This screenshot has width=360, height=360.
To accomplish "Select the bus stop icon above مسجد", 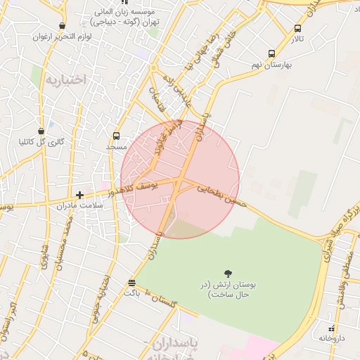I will click(x=116, y=136).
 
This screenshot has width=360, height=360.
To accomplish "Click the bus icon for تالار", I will click(x=298, y=29).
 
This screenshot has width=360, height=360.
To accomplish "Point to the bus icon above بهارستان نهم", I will click(x=272, y=53).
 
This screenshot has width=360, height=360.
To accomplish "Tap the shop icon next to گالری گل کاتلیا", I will click(x=41, y=131).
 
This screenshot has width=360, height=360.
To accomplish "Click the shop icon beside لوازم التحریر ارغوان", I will click(x=63, y=25).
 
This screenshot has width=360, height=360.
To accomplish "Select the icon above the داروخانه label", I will click(x=332, y=328).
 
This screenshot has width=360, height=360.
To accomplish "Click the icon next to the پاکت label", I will click(x=131, y=283).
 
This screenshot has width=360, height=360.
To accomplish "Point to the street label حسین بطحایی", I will click(x=222, y=195).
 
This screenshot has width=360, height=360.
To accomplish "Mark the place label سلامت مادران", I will click(x=103, y=205).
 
